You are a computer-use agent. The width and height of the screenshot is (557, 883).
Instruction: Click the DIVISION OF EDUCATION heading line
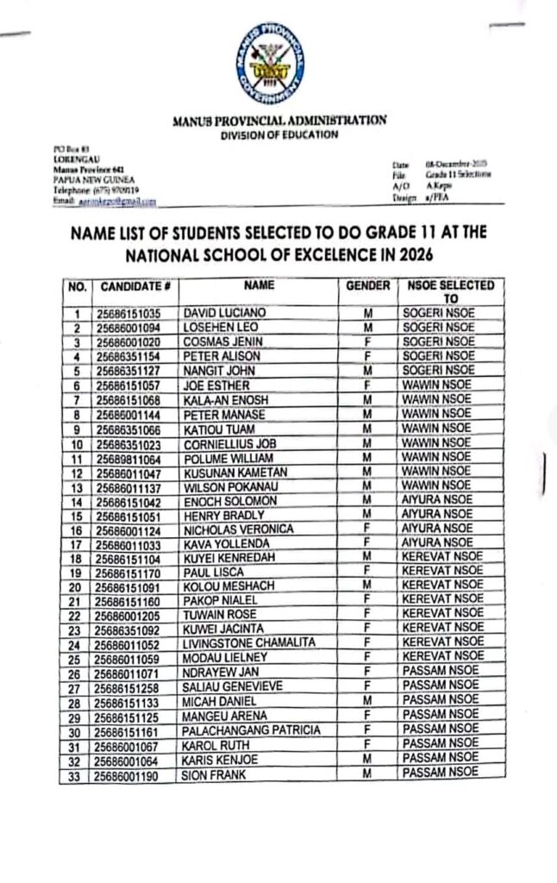tap(278, 135)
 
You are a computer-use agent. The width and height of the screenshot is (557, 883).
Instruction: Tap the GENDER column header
tap(368, 285)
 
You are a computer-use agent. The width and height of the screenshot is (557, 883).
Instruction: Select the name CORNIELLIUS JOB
tap(229, 443)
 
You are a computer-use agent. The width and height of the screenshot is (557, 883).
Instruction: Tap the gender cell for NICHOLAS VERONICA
tap(368, 529)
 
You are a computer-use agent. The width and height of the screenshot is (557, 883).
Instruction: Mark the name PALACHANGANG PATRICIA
tap(251, 730)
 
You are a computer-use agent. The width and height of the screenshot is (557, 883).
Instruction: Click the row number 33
tap(77, 776)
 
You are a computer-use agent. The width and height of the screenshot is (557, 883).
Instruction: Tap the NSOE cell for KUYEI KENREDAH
tap(441, 558)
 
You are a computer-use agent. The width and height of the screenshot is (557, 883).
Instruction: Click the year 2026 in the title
tap(410, 255)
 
